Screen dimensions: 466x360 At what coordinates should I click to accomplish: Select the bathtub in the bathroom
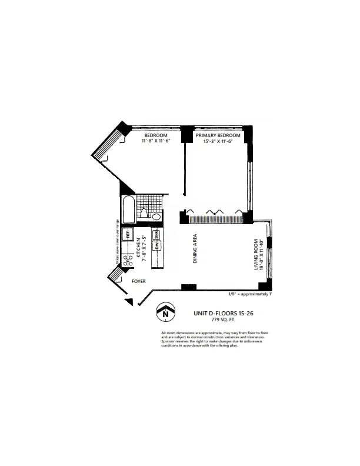pyautogui.click(x=128, y=209)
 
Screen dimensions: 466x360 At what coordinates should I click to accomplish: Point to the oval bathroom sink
pyautogui.click(x=156, y=217)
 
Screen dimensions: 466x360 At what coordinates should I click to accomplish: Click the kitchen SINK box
pyautogui.click(x=158, y=236)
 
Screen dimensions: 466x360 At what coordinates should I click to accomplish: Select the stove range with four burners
pyautogui.click(x=126, y=258)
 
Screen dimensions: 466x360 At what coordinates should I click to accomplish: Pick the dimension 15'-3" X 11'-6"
pyautogui.click(x=218, y=141)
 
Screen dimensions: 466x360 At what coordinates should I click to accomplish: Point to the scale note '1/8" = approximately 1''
pyautogui.click(x=249, y=294)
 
